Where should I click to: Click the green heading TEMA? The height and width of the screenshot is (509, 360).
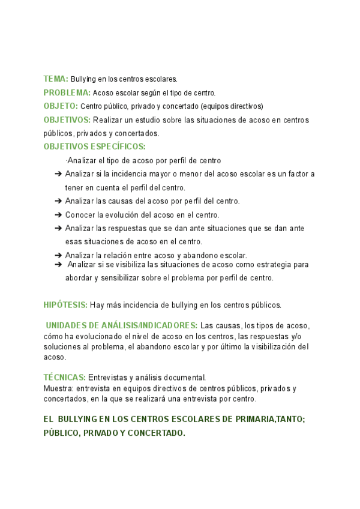[x=56, y=79]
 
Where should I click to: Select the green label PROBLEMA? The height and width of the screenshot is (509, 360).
[x=67, y=92]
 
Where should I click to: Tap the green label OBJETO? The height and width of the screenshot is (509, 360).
[x=61, y=106]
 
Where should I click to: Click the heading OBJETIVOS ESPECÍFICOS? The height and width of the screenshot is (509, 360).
[x=94, y=147]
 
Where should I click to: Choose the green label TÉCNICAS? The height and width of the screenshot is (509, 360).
[x=65, y=377]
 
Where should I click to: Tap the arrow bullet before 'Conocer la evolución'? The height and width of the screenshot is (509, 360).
[x=58, y=214]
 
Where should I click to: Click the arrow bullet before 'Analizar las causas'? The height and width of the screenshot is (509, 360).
[x=58, y=201]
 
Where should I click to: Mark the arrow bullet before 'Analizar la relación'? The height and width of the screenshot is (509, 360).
[x=58, y=255]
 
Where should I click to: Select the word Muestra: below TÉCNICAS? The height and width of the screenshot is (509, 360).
[x=58, y=388]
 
